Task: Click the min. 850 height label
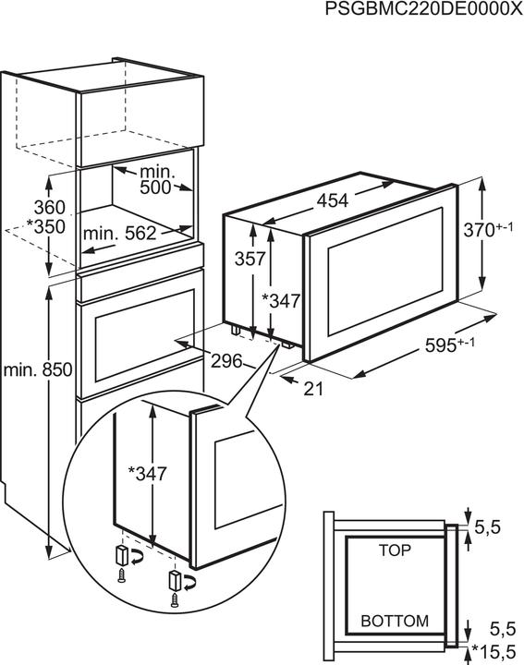(37, 370)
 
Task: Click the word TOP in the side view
(395, 550)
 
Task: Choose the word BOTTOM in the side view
(395, 620)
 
